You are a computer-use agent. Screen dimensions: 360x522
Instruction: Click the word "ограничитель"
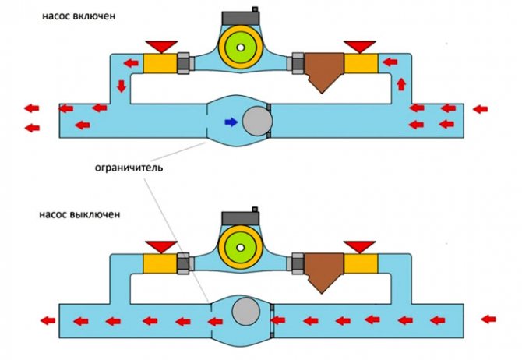pyautogui.click(x=129, y=167)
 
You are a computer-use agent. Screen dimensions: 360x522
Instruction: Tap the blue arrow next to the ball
pyautogui.click(x=231, y=122)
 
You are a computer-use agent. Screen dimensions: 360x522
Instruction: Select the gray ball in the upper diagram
pyautogui.click(x=255, y=122)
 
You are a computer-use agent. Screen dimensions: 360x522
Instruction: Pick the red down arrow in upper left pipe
pyautogui.click(x=122, y=86)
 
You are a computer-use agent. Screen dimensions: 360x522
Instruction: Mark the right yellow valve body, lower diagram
pyautogui.click(x=361, y=262)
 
